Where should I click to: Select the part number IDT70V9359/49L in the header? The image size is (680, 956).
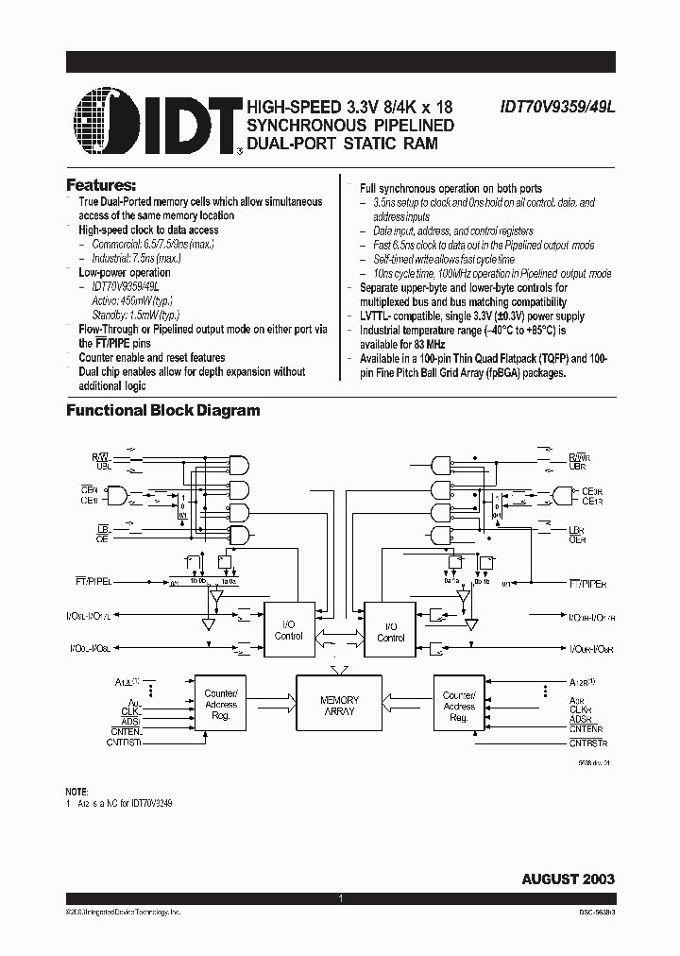tap(557, 108)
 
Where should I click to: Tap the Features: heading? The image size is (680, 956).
tap(101, 184)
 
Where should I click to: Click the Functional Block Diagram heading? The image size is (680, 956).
tap(162, 410)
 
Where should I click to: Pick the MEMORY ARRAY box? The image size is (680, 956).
tap(339, 705)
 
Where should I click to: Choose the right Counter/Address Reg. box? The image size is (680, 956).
tap(459, 706)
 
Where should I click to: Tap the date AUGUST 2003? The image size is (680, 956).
tap(568, 879)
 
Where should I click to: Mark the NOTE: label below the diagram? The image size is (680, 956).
tap(77, 791)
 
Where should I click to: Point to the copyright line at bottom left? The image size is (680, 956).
tap(123, 913)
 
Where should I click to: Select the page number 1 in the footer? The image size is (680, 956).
tap(339, 898)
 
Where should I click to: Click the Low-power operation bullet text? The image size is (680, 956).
tap(124, 272)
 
